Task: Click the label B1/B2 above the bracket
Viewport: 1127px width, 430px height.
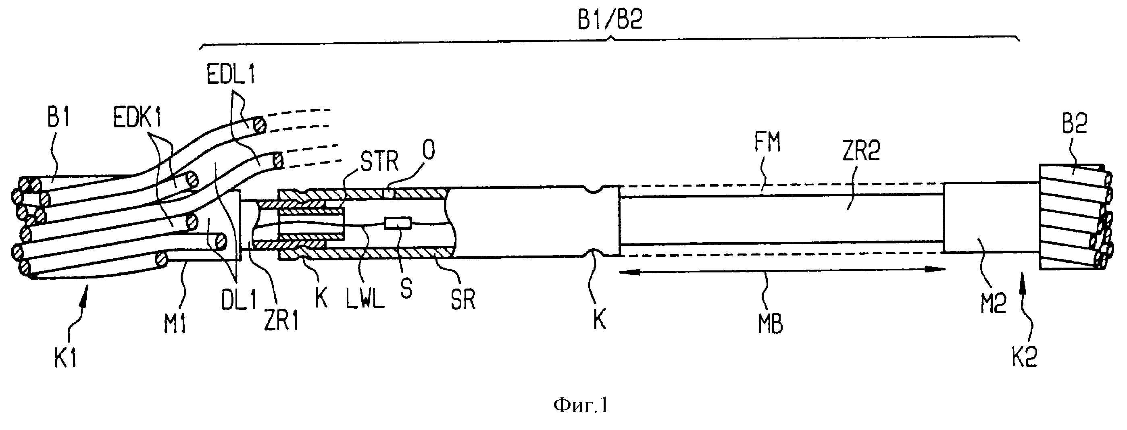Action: (610, 20)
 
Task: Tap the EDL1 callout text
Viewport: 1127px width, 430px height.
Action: (231, 75)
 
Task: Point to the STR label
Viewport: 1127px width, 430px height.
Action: (379, 162)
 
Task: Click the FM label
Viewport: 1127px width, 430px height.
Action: (767, 142)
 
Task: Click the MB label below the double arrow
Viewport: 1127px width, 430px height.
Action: (771, 324)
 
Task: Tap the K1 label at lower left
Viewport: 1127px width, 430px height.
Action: (66, 358)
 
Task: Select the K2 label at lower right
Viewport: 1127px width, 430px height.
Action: (1025, 357)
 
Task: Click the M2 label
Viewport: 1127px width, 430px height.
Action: (994, 303)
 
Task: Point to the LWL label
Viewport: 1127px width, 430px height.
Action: (365, 298)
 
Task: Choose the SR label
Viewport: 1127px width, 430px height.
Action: (463, 300)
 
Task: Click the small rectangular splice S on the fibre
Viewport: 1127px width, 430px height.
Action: (397, 223)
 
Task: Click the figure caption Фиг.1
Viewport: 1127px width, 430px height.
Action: (581, 405)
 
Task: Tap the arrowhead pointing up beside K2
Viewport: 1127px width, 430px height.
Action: (1022, 276)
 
